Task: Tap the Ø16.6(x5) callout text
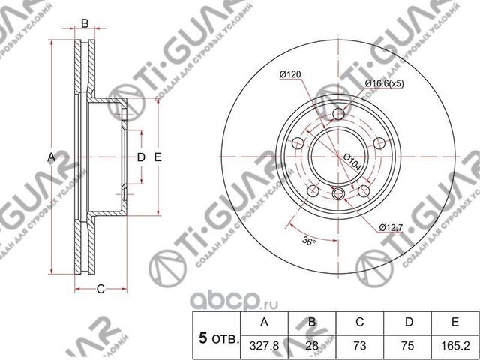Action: point(385,82)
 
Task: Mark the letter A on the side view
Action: point(51,157)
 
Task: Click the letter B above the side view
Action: point(85,24)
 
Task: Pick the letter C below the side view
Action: point(99,288)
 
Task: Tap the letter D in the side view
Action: point(140,157)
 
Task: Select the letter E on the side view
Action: point(158,157)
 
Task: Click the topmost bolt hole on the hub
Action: point(339,114)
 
